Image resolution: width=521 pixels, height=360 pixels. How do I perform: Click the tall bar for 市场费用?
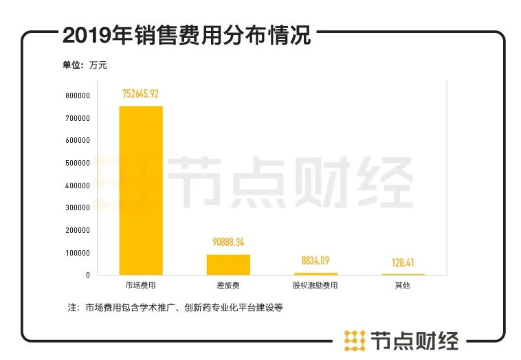(141, 190)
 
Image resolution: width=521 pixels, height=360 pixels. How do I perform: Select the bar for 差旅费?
(228, 265)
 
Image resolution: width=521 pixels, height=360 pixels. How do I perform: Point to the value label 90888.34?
(228, 243)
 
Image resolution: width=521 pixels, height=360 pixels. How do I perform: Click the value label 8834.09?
(315, 261)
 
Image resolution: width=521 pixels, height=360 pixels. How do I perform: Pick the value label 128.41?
(403, 262)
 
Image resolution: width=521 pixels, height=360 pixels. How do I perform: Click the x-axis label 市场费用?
(141, 285)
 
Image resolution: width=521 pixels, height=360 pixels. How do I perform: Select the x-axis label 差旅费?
(228, 285)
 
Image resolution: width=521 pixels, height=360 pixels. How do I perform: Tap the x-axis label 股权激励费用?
(315, 285)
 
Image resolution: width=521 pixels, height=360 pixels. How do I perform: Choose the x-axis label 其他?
(403, 285)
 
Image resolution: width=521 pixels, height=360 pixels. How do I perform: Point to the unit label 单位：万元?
(85, 66)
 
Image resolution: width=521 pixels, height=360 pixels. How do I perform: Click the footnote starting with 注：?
(176, 308)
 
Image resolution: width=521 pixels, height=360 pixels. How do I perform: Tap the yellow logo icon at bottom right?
(354, 340)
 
